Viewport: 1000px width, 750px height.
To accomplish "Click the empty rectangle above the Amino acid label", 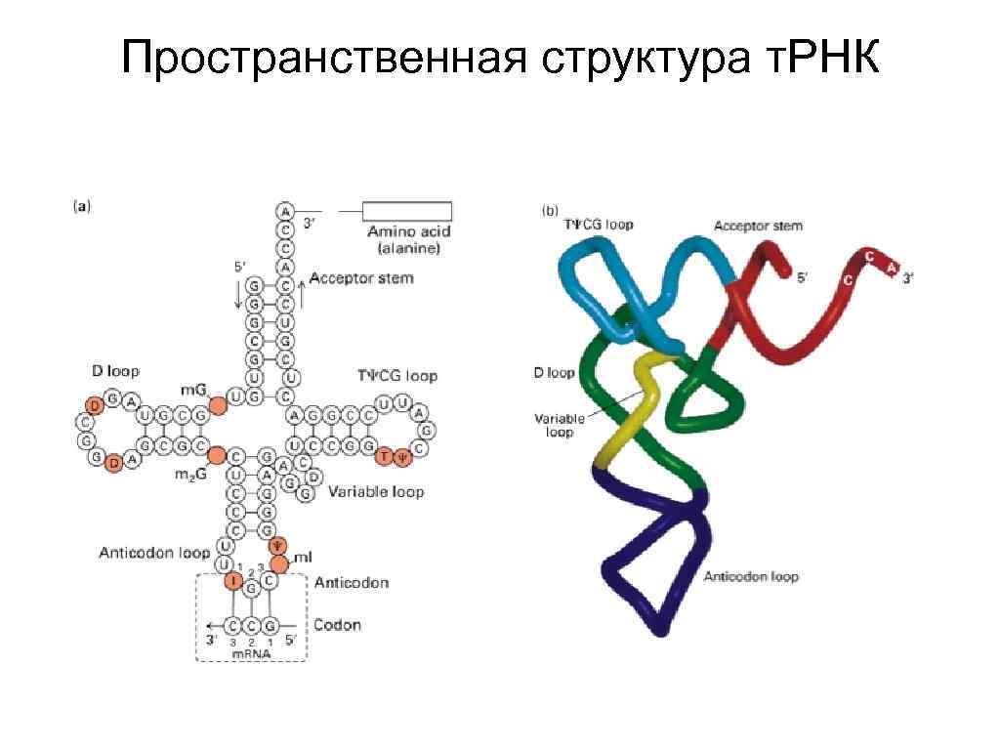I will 407,211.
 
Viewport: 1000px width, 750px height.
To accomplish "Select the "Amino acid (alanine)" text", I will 404,240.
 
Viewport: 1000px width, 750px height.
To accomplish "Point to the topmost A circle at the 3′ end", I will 284,210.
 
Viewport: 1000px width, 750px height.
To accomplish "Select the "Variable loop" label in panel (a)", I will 376,491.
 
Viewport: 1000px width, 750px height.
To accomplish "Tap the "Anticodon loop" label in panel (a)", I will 154,553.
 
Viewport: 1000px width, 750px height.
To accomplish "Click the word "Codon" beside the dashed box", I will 337,625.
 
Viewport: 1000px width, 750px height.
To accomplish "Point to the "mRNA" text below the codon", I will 250,654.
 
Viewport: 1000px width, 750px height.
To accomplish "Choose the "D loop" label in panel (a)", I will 115,371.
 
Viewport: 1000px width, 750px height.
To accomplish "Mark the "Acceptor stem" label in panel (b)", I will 758,226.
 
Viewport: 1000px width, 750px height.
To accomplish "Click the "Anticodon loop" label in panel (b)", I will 751,576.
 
